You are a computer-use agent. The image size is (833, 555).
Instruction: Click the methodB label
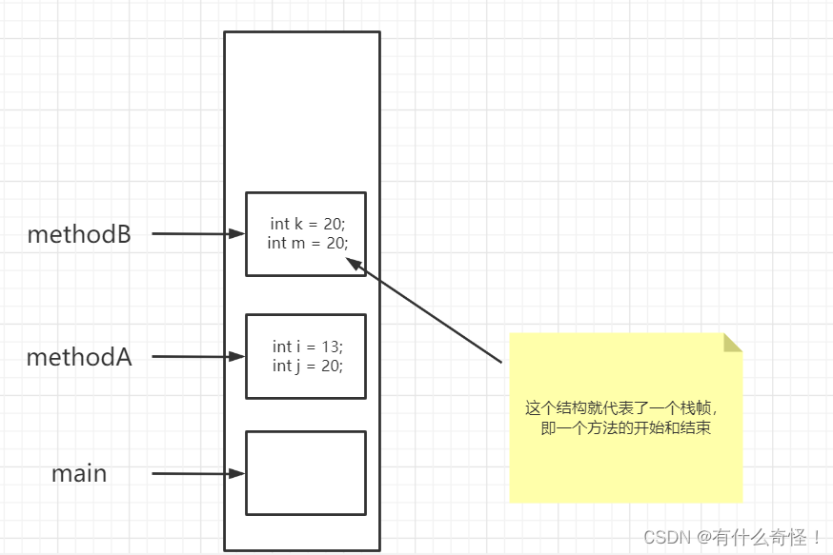(x=79, y=234)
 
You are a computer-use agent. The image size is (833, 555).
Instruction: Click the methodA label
(x=79, y=358)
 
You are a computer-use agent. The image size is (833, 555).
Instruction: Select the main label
(x=79, y=473)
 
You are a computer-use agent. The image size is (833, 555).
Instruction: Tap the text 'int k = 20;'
(x=307, y=224)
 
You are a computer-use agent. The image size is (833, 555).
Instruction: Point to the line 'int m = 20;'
(x=307, y=243)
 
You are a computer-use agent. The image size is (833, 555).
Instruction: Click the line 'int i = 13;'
(x=307, y=347)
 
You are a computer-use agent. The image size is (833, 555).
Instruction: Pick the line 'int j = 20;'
(x=307, y=366)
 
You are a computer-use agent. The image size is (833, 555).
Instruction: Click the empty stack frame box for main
(x=305, y=473)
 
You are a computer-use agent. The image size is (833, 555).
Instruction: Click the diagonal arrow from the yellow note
(x=429, y=311)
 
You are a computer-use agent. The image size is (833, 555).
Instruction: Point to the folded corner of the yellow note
(x=731, y=343)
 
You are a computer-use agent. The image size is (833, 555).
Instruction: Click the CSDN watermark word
(x=667, y=537)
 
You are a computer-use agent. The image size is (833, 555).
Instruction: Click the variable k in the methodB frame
(x=298, y=224)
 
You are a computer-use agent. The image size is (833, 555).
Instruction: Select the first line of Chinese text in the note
(x=627, y=408)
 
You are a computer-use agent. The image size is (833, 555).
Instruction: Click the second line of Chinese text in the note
(x=625, y=428)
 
